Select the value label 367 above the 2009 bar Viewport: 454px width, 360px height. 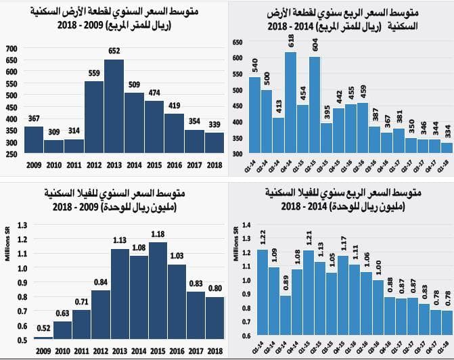coord(33,119)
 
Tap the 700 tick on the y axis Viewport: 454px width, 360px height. coord(10,49)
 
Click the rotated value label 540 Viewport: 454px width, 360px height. coord(255,66)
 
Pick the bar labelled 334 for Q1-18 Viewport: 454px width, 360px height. coord(447,148)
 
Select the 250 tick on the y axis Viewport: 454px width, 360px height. coord(10,154)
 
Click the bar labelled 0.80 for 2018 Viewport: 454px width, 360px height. coord(214,317)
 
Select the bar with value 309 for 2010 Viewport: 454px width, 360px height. coord(53,146)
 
